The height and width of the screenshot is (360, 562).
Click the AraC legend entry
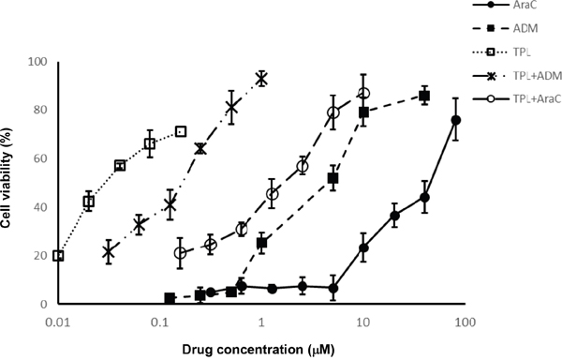pos(506,5)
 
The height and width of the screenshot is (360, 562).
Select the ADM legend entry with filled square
pos(506,28)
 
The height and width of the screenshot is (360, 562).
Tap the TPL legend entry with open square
pos(502,52)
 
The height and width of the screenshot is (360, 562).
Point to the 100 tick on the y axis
pos(37,62)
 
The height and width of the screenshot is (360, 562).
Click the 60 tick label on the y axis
pos(40,158)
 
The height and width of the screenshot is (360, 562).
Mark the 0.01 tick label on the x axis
pos(58,322)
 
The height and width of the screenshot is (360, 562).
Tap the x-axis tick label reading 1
pos(261,322)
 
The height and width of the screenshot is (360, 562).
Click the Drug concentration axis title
pos(259,350)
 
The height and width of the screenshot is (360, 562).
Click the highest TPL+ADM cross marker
pos(261,78)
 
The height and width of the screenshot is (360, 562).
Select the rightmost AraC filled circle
pos(456,120)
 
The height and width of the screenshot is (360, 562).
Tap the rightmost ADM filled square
pos(424,96)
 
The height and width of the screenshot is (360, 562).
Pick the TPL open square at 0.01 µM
pos(58,256)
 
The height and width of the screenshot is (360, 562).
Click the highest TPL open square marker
pos(181,131)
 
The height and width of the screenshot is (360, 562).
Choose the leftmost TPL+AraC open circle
pos(181,253)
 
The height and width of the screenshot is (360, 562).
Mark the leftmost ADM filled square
pos(170,298)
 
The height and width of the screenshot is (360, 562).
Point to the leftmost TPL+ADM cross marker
pos(109,251)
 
